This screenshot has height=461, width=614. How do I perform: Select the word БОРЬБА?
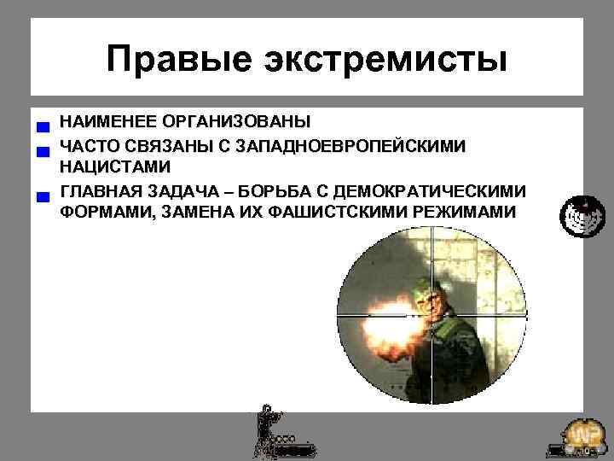click(x=275, y=189)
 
